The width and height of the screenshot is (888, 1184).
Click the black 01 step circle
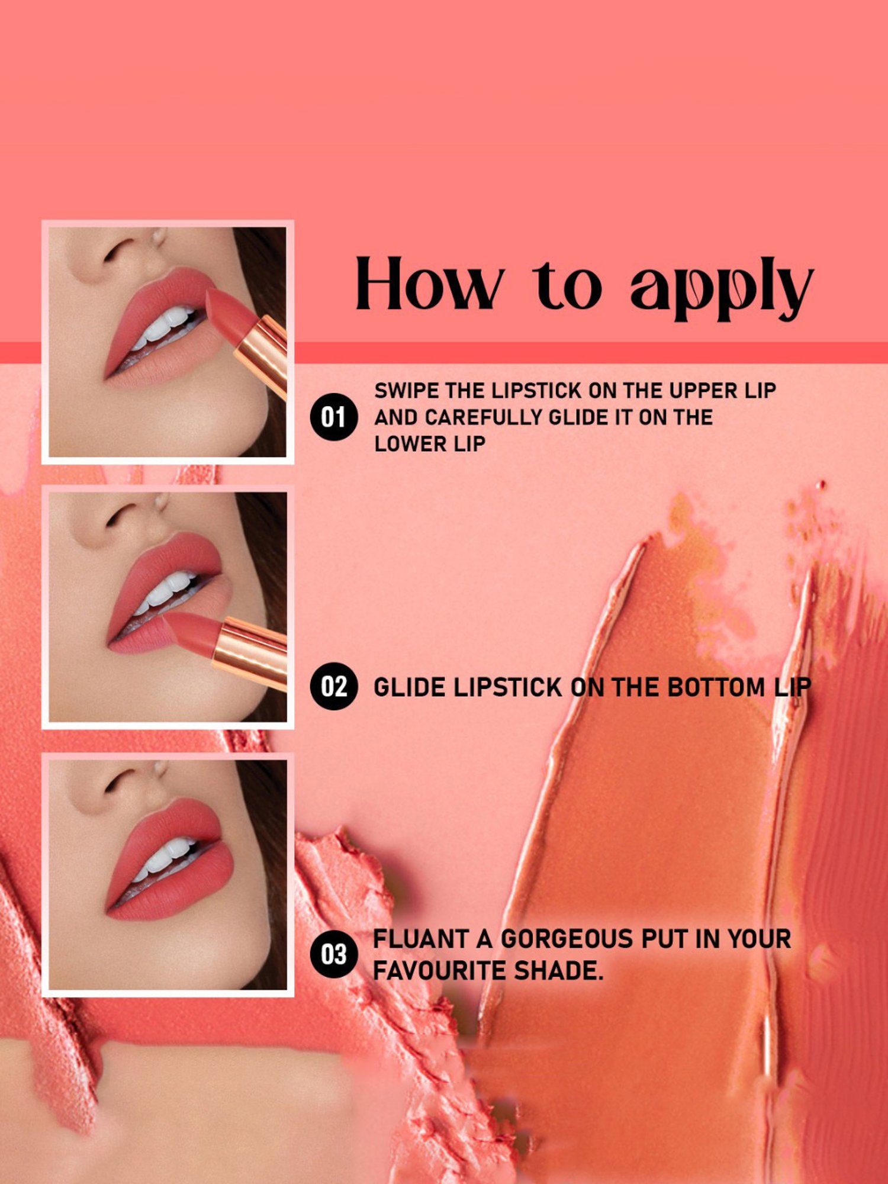333,417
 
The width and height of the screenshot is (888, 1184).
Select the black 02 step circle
333,687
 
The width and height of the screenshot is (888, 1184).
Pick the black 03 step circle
333,954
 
